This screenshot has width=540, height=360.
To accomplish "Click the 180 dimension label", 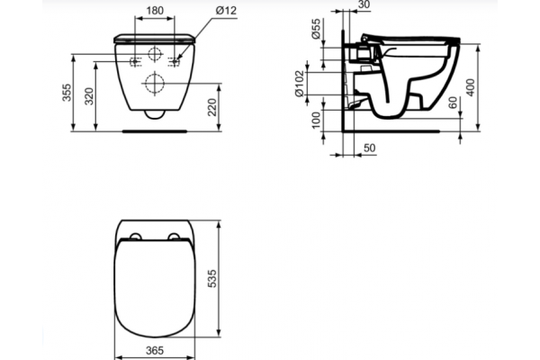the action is click(155, 11).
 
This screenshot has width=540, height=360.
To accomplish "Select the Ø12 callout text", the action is click(226, 11).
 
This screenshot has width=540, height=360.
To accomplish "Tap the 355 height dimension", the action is click(67, 93).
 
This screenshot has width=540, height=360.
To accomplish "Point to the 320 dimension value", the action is click(89, 96).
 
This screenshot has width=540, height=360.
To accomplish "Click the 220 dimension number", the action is click(212, 107).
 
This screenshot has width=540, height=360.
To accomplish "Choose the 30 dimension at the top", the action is click(364, 4).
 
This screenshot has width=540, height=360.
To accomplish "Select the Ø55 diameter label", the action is click(316, 29).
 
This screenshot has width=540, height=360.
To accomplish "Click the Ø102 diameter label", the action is click(300, 84).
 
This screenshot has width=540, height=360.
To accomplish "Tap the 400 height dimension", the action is click(470, 87).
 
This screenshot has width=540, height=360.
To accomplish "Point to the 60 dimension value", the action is click(454, 103).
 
